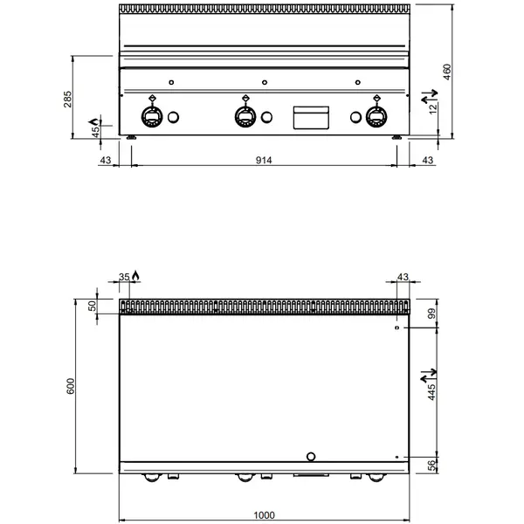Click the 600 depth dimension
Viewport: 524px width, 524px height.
pos(69,385)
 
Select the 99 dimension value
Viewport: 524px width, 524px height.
pos(430,313)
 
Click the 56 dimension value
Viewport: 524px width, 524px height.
pos(430,465)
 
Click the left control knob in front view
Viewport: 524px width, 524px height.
pos(151,115)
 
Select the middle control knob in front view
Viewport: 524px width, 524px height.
pos(245,115)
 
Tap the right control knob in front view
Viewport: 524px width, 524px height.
pos(376,115)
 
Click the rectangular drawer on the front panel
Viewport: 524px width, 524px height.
pos(311,117)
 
